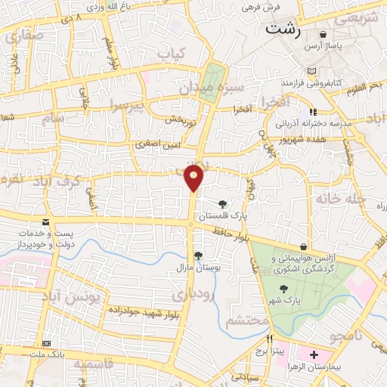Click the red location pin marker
194,178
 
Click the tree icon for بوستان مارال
198,255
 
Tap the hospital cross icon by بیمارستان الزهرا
314,354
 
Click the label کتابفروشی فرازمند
312,81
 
